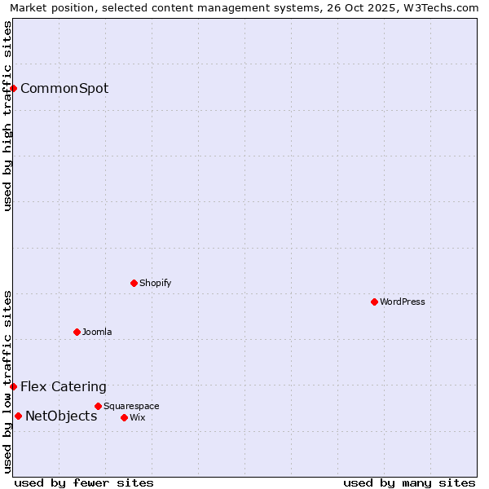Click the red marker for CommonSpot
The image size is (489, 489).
(x=14, y=88)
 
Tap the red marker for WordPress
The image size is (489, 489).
(x=374, y=302)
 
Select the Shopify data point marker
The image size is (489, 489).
(x=134, y=283)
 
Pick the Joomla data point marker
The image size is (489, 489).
(x=77, y=332)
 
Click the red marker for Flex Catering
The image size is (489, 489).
(x=14, y=386)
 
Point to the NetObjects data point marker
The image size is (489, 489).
(x=18, y=416)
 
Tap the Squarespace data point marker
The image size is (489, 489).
(x=98, y=406)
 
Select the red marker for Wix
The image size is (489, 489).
(x=124, y=417)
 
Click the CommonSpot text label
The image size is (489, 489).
(x=64, y=88)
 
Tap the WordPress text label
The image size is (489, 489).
(x=403, y=302)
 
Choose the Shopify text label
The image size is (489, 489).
(x=155, y=283)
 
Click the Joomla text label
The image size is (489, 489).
(x=97, y=332)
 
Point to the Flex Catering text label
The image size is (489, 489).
(x=64, y=386)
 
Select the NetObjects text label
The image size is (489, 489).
(x=61, y=416)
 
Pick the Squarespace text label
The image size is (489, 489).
(x=131, y=406)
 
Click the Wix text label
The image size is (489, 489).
(x=137, y=417)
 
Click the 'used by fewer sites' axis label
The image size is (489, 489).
(x=84, y=482)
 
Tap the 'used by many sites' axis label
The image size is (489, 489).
(x=409, y=482)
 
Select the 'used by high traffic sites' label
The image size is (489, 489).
(x=7, y=116)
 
